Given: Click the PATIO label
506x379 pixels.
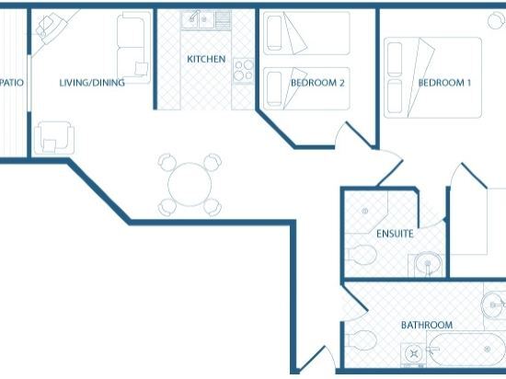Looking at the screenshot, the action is pos(12,83).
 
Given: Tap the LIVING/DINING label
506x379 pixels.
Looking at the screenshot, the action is pos(92,83).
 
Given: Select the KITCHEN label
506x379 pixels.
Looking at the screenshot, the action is pos(206,59).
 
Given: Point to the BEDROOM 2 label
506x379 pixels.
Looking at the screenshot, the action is pos(317,83).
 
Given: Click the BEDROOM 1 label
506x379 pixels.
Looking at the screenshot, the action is pos(444,83).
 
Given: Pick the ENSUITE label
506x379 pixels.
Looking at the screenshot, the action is pos(395,234).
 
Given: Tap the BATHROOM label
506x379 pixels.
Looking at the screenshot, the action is pos(427,325).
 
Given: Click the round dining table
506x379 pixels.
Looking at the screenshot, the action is pos(190,185).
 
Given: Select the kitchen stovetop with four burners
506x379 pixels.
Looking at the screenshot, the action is pos(244,71).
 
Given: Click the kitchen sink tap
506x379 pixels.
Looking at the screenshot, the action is pos(195,16).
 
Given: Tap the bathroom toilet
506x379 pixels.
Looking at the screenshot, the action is pos(362,339).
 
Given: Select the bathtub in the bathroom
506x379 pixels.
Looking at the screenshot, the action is pos(466,350).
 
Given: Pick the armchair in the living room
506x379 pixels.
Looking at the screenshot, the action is pos(54,138).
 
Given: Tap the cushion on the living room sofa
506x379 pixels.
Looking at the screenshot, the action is pos(142,69).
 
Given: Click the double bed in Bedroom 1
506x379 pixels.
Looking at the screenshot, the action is pos(432,78).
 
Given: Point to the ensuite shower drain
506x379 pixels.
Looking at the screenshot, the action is pos(365,212).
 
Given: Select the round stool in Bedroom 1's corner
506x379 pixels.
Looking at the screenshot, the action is pos(496,20).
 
